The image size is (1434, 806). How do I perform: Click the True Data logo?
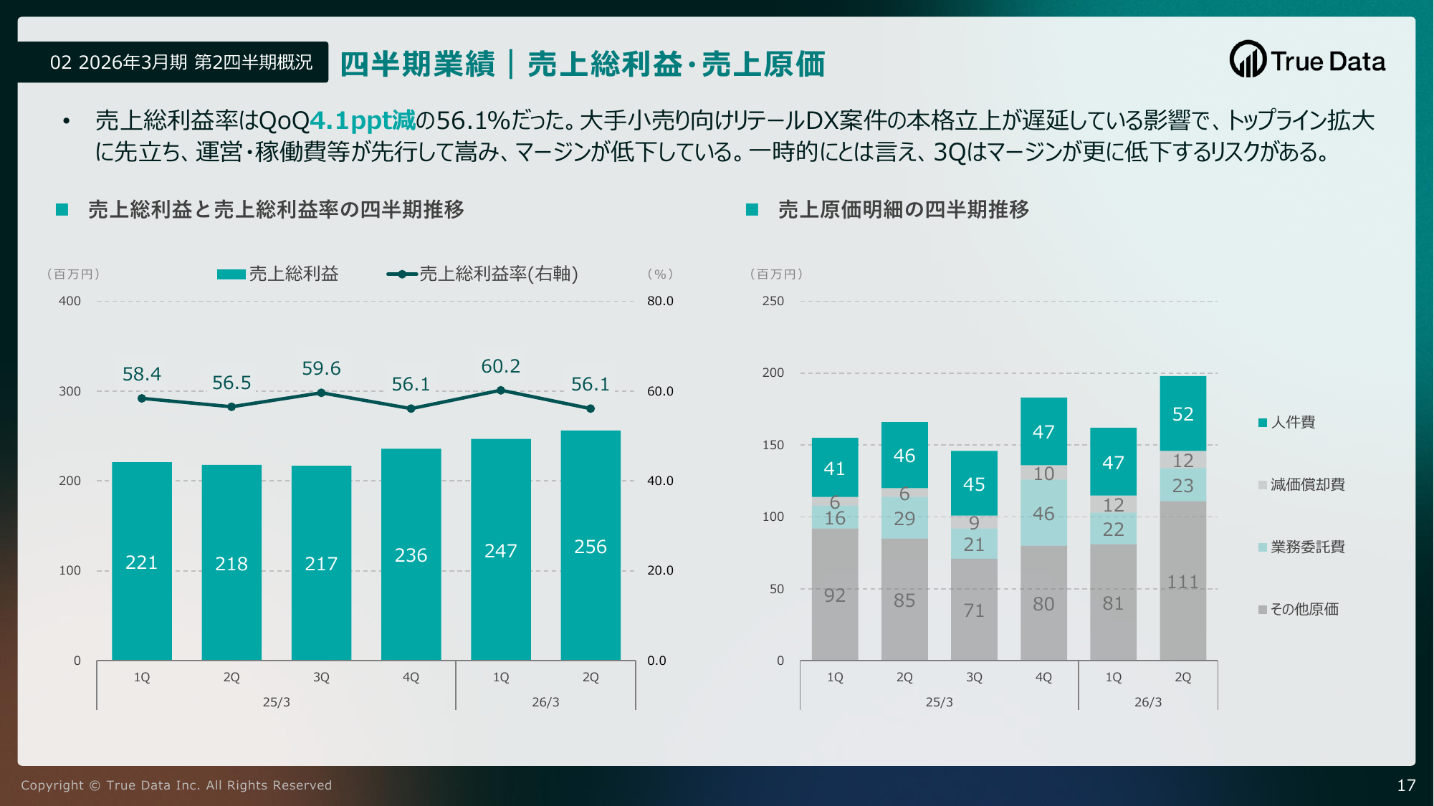point(1307,60)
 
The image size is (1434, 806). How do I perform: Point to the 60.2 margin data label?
point(500,367)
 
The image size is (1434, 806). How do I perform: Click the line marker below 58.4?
point(142,398)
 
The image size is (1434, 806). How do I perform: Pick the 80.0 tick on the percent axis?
point(660,302)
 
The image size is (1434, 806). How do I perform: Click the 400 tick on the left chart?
point(70,302)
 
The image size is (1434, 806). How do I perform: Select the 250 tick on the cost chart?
point(773,302)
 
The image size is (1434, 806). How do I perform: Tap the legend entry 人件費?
point(1292,423)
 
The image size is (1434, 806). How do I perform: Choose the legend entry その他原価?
point(1304,610)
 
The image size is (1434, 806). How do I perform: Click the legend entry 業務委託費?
point(1306,547)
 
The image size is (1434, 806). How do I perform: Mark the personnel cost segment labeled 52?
point(1182,413)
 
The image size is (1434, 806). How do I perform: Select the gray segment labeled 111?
point(1182,581)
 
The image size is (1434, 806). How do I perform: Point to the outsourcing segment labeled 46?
point(1043,513)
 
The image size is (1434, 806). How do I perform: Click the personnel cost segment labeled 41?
point(834,468)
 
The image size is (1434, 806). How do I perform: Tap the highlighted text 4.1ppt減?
point(363,120)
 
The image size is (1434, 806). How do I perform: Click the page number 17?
point(1406,785)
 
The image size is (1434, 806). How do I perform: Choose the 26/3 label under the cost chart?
point(1147,702)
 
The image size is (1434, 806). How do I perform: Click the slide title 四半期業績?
point(417,64)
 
